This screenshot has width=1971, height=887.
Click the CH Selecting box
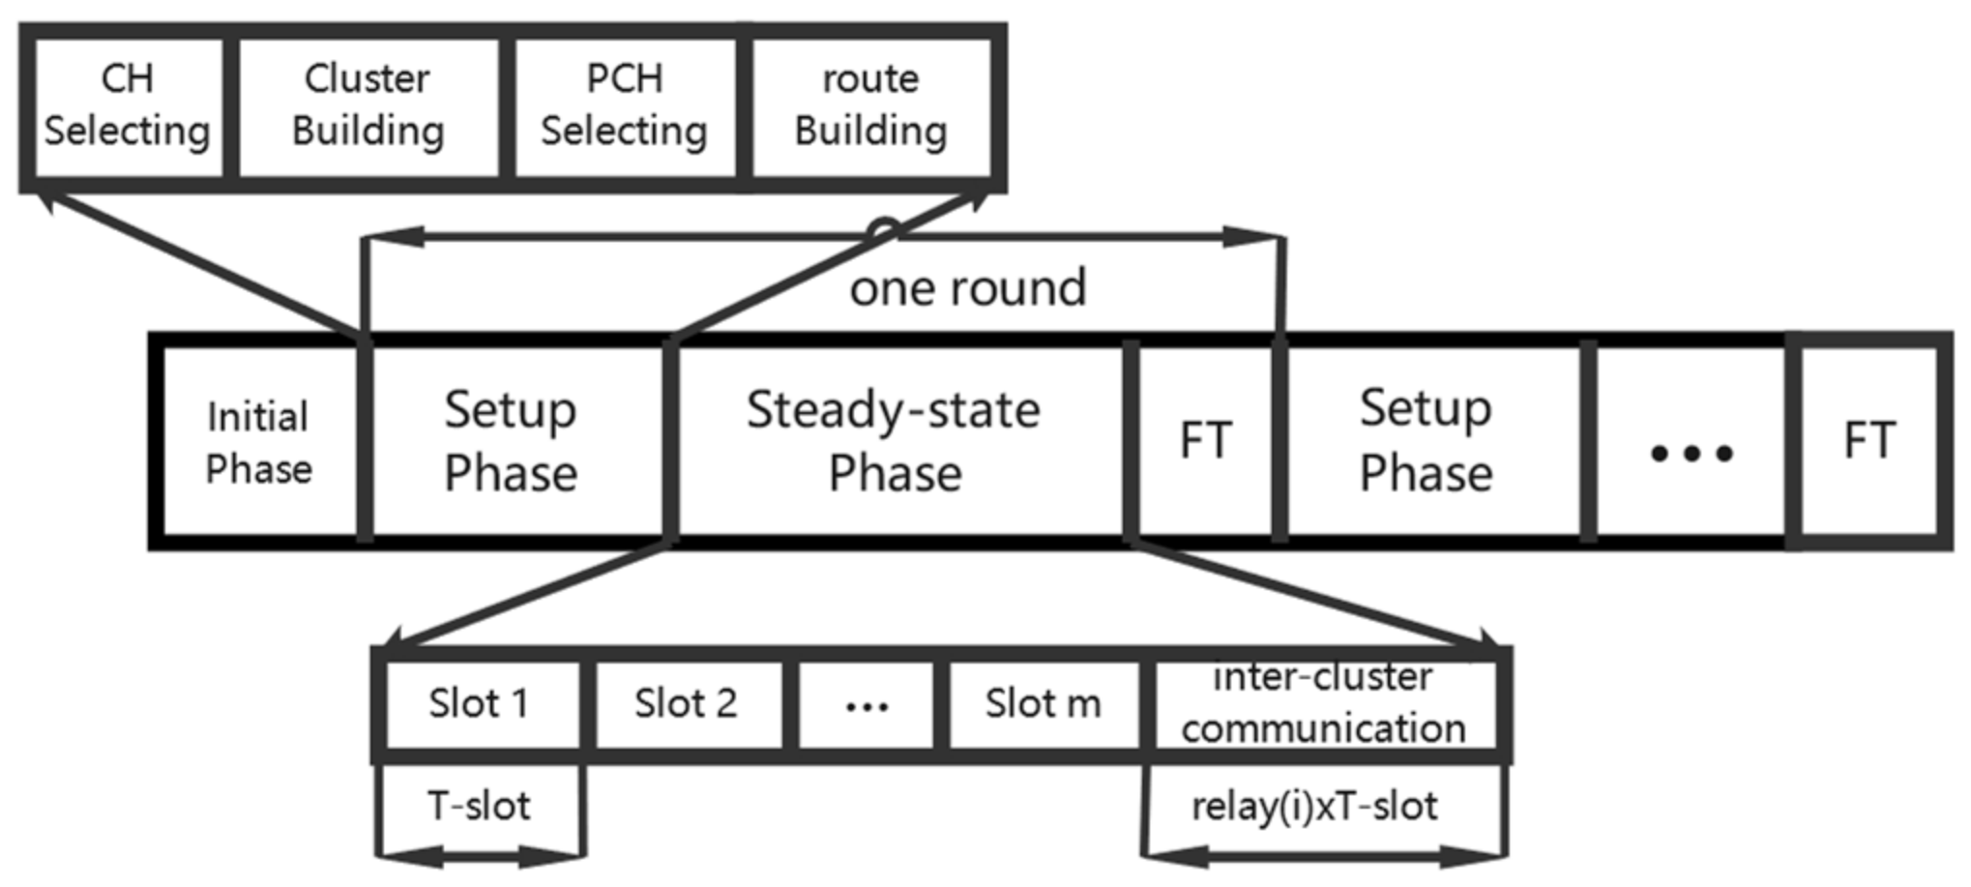pyautogui.click(x=128, y=106)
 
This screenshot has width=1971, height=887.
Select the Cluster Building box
pyautogui.click(x=368, y=106)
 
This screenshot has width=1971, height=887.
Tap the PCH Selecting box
pyautogui.click(x=624, y=106)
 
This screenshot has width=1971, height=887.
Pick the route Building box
pyautogui.click(x=870, y=106)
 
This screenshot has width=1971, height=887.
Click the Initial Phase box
pyautogui.click(x=258, y=442)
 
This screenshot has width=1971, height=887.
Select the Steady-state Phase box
pyautogui.click(x=895, y=441)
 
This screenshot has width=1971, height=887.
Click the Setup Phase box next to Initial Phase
pyautogui.click(x=511, y=441)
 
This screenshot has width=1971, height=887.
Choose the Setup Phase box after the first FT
pyautogui.click(x=1426, y=441)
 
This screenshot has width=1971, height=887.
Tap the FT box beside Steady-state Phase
pyautogui.click(x=1205, y=441)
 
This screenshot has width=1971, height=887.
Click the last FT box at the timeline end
pyautogui.click(x=1868, y=441)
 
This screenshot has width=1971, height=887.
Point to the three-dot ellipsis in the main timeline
pyautogui.click(x=1691, y=452)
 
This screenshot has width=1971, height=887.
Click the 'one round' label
pyautogui.click(x=967, y=288)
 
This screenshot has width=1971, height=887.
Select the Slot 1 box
pyautogui.click(x=480, y=704)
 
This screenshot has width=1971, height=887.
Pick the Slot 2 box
pyautogui.click(x=686, y=704)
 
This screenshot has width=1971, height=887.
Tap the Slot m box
pyautogui.click(x=1043, y=704)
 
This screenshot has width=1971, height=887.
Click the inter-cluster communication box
pyautogui.click(x=1323, y=704)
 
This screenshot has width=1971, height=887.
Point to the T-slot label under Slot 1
pyautogui.click(x=480, y=806)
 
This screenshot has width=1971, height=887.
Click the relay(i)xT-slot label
pyautogui.click(x=1314, y=806)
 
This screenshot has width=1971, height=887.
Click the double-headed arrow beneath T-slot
pyautogui.click(x=481, y=855)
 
